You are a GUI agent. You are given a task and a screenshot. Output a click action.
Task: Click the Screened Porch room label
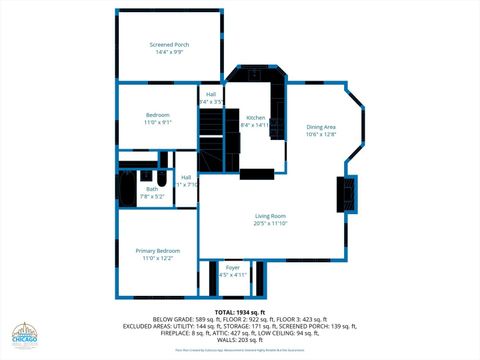point(169,45)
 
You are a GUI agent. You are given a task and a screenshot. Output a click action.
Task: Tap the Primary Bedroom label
point(158,250)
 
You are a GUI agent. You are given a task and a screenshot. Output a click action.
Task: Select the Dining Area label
point(321,127)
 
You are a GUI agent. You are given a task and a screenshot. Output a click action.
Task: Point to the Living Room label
point(270,216)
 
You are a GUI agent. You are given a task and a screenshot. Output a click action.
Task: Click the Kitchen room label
point(256,118)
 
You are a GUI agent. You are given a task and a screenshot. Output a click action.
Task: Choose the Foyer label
point(232,267)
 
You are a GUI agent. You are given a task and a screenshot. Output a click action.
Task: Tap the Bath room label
point(152,188)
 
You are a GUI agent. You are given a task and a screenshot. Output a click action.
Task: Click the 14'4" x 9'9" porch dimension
point(169,52)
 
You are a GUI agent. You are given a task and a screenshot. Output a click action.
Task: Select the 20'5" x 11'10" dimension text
point(270,224)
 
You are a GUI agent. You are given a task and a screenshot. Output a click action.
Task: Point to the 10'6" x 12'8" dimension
point(321,134)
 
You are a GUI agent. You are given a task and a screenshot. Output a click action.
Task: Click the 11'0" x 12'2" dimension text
point(158,258)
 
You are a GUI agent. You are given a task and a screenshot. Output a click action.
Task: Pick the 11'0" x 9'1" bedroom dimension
point(158,122)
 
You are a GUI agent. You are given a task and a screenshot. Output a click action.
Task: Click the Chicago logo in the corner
point(26,337)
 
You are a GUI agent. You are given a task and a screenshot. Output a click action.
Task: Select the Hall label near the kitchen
point(211,95)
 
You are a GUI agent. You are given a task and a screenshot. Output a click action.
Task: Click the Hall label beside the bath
point(186,177)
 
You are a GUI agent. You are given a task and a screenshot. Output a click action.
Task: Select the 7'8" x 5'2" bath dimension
point(152,196)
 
